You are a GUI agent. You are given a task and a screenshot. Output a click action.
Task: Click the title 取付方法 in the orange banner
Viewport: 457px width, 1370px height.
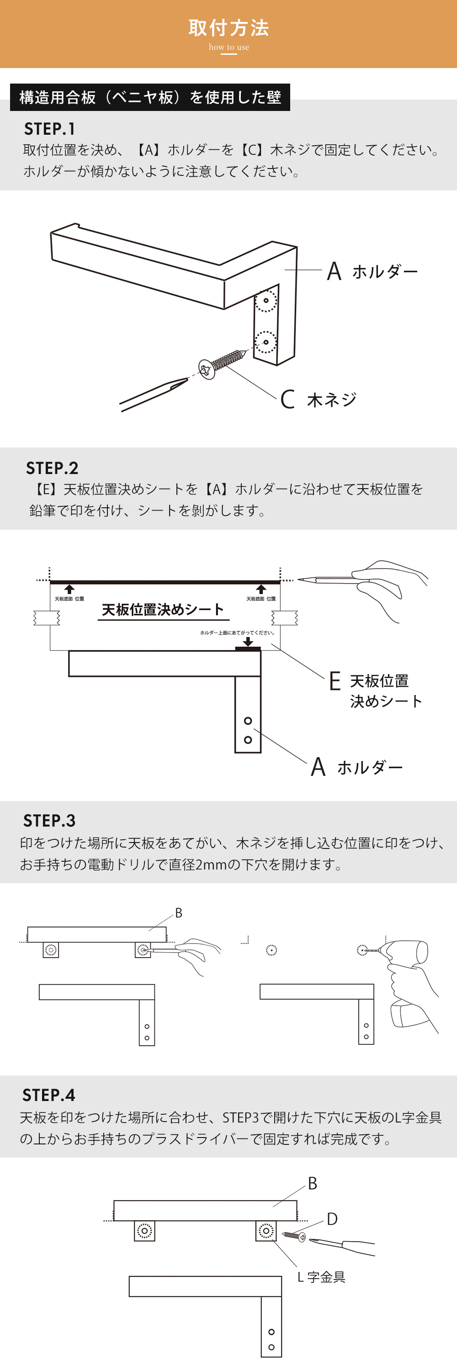229,28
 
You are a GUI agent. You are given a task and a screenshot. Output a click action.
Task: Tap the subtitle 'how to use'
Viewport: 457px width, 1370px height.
229,47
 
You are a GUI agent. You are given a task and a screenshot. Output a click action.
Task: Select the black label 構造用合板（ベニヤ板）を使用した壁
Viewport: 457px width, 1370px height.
150,97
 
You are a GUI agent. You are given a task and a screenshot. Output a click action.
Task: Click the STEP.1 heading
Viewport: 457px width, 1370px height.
49,129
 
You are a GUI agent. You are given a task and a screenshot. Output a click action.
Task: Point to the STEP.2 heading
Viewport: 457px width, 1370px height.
52,468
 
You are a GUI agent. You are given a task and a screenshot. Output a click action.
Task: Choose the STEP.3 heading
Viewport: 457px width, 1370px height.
49,821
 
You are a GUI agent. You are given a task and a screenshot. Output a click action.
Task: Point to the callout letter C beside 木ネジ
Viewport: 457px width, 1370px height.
287,399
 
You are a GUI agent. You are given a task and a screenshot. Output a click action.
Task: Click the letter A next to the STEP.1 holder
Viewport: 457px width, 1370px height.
334,271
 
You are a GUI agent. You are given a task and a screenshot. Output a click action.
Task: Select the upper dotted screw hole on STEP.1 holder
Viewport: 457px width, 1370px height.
266,301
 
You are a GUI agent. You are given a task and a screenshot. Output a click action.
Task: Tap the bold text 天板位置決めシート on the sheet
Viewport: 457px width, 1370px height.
162,610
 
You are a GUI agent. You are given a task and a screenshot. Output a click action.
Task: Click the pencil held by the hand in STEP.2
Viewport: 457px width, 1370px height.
327,579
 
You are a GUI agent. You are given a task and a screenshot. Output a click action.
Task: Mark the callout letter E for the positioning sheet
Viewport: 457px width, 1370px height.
335,681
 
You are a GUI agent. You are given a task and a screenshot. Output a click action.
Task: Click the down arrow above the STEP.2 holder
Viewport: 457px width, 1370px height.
248,642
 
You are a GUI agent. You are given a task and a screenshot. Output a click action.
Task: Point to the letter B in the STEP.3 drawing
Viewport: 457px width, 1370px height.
179,912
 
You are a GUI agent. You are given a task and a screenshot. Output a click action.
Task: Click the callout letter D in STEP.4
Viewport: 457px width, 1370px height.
332,1218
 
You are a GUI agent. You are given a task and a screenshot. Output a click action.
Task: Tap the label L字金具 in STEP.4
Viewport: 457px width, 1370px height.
321,1277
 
